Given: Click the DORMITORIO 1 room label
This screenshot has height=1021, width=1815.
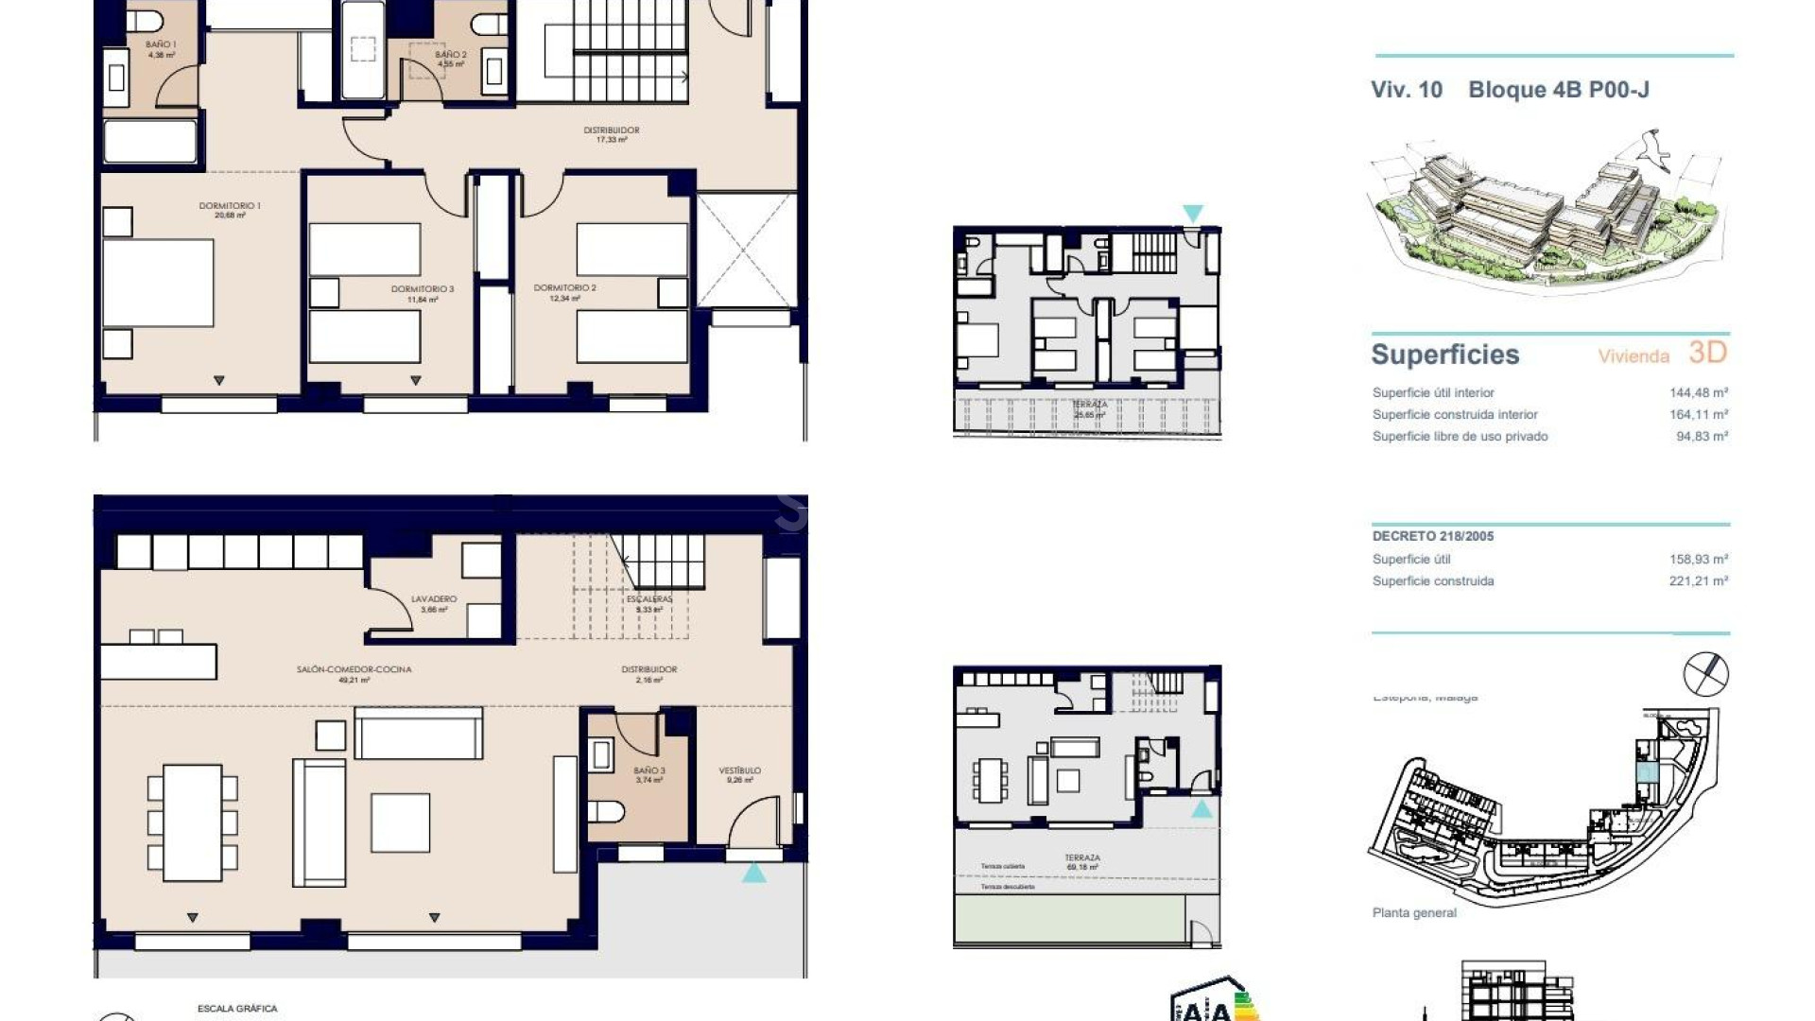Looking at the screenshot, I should [x=229, y=210].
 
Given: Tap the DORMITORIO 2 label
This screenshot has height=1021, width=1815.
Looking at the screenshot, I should [x=564, y=292].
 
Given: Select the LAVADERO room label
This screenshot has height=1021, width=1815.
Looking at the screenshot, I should [x=434, y=603].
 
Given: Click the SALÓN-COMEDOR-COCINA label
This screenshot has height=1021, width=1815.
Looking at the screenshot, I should [x=354, y=673].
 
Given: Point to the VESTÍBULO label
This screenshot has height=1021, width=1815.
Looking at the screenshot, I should [x=739, y=774].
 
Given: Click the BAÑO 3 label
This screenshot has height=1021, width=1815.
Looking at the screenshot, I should [x=649, y=774].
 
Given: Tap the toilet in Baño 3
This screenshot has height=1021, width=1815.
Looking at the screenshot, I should [x=605, y=812].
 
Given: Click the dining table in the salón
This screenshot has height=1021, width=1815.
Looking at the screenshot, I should [x=193, y=822].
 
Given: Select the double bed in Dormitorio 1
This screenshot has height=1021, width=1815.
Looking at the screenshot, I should [x=158, y=284].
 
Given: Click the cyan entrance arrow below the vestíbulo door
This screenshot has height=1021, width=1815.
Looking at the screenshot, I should [x=753, y=873].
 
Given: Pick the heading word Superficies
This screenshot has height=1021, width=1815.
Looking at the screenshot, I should [x=1444, y=355].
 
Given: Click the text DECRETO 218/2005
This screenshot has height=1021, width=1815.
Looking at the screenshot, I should [x=1432, y=536].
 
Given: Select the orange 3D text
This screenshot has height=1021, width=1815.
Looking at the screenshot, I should [x=1707, y=353].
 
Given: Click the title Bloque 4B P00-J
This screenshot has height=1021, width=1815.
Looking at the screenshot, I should [x=1558, y=90].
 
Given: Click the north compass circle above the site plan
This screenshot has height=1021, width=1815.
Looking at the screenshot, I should [x=1705, y=674].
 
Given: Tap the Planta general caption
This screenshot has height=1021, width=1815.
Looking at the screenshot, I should [x=1413, y=912].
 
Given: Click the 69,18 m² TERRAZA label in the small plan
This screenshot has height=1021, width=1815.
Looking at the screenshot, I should [x=1082, y=862].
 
